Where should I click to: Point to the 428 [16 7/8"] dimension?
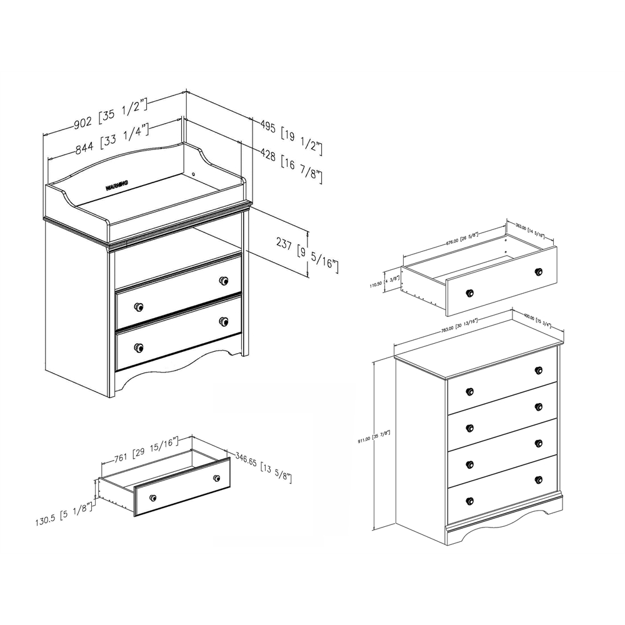pyautogui.click(x=292, y=167)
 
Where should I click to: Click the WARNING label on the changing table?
pyautogui.click(x=117, y=184)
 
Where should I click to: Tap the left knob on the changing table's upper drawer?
pyautogui.click(x=138, y=307)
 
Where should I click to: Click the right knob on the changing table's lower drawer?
pyautogui.click(x=223, y=321)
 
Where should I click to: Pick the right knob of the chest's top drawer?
pyautogui.click(x=538, y=370)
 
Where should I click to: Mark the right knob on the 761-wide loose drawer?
pyautogui.click(x=216, y=478)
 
